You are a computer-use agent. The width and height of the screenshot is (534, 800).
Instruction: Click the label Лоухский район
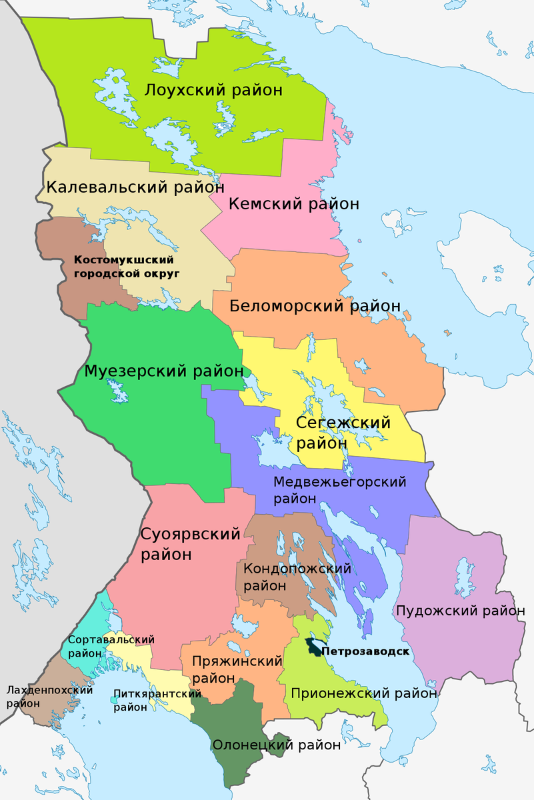(x=213, y=90)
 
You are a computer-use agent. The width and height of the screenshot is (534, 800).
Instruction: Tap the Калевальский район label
(x=125, y=187)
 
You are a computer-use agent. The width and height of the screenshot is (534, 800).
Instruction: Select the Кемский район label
(x=293, y=203)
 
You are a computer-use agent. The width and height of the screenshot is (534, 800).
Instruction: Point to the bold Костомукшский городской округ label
(x=124, y=266)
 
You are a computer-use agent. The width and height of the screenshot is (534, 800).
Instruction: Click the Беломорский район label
(x=315, y=306)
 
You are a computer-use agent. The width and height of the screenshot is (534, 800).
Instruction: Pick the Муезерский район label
(x=163, y=371)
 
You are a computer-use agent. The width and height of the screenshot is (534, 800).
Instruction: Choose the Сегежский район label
(x=343, y=432)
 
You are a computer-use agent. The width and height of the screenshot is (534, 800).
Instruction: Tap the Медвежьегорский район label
(x=340, y=489)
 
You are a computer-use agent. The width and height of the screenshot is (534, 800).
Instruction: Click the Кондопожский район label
(x=297, y=577)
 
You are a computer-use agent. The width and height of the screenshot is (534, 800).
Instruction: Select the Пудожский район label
(x=460, y=610)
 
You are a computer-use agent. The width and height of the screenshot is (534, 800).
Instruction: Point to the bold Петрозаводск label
(x=364, y=651)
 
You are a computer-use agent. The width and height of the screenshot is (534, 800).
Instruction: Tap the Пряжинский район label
(x=237, y=669)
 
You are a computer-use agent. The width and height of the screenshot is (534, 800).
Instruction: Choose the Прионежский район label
(x=363, y=693)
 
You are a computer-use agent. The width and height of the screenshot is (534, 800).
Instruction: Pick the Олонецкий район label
(x=277, y=745)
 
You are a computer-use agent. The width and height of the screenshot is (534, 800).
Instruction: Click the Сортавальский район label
(x=111, y=646)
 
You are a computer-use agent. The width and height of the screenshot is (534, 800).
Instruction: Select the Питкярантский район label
(x=157, y=700)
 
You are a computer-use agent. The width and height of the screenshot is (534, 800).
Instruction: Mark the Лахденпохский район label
(x=48, y=696)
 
